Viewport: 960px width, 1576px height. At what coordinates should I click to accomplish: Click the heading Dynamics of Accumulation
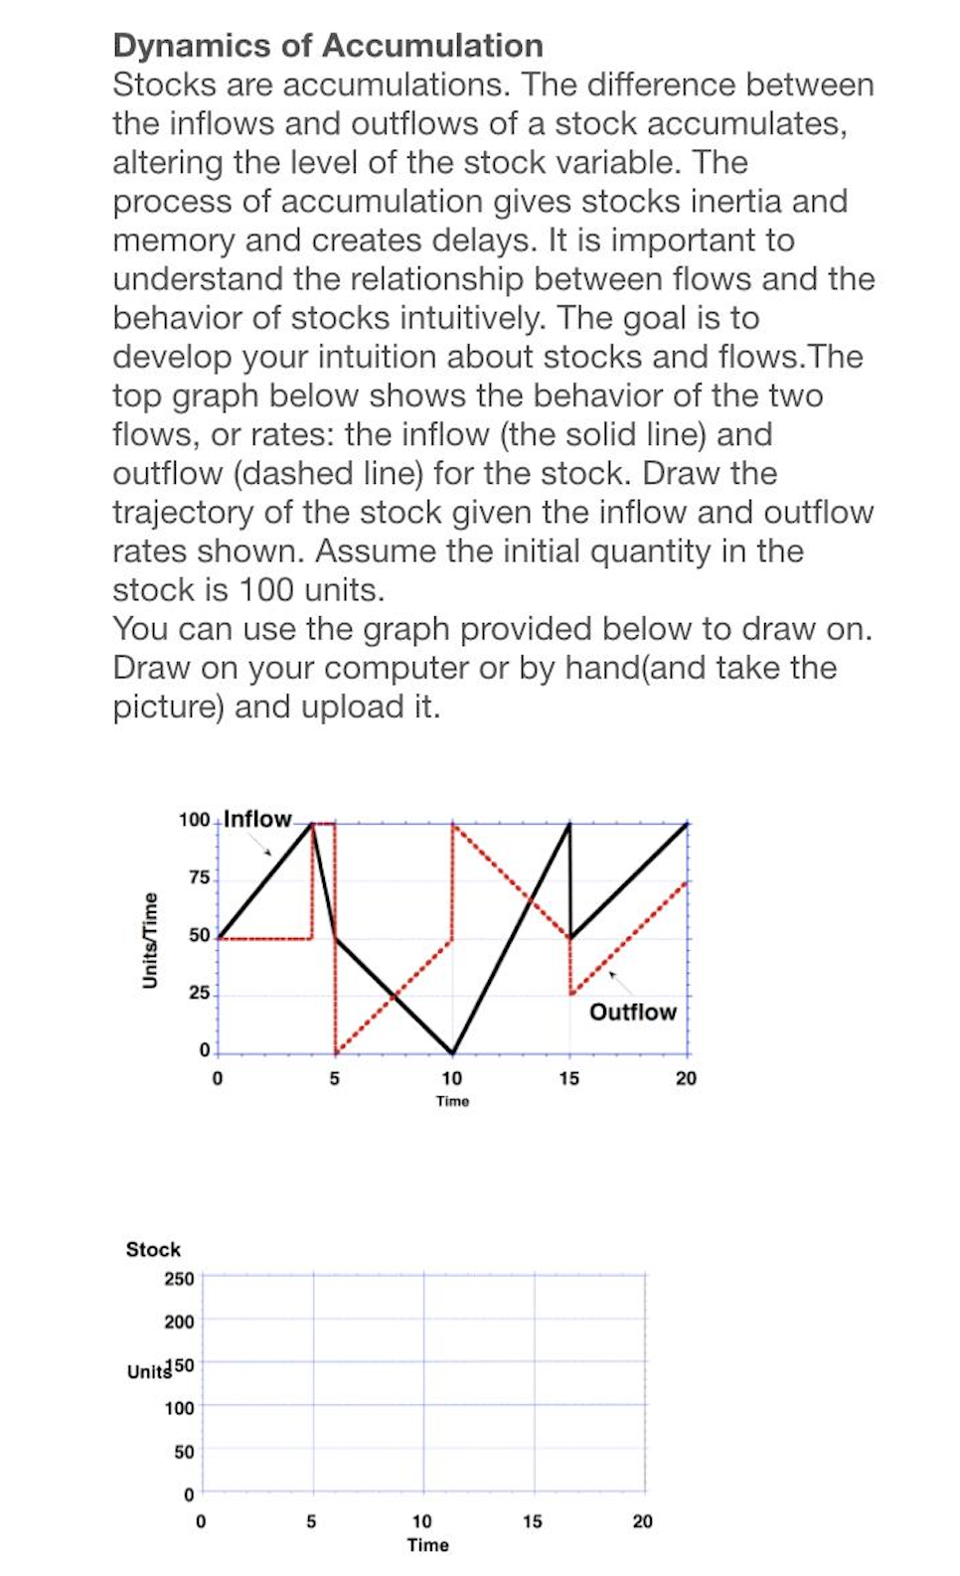coord(328,46)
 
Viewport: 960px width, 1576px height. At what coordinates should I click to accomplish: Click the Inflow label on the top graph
coord(257,819)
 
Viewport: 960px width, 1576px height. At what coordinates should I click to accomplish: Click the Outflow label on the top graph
coord(632,1012)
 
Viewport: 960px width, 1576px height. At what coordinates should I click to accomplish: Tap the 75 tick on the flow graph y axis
coord(199,877)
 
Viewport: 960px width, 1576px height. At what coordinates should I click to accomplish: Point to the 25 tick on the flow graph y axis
coord(199,993)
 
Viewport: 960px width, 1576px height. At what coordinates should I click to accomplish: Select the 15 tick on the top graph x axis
coord(568,1078)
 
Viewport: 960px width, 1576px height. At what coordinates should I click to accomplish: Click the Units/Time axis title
coord(150,940)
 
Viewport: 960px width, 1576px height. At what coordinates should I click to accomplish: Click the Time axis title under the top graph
coord(452,1101)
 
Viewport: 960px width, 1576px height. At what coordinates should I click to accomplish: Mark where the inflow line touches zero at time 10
coord(452,1052)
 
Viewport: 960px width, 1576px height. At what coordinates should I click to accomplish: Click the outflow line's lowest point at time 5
coord(336,1052)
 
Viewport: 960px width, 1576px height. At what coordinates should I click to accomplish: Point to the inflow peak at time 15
coord(569,824)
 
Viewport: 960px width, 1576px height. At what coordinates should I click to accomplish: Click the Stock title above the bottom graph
coord(153,1249)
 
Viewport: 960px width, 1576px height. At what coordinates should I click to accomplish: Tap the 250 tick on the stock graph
coord(179,1278)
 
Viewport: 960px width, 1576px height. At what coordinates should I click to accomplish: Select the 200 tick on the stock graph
coord(179,1322)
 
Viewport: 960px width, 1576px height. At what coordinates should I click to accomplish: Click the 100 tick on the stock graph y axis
coord(179,1408)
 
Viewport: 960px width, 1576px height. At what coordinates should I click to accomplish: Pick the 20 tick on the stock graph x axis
coord(642,1521)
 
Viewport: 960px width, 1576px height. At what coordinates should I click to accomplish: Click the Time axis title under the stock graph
coord(427,1545)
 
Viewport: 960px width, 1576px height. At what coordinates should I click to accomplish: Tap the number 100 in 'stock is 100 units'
coord(268,590)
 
